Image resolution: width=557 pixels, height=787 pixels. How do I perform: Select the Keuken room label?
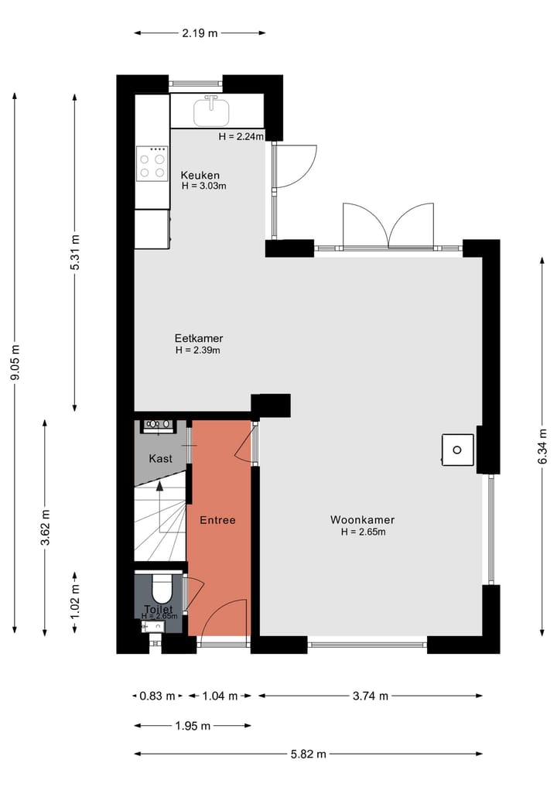coord(200,175)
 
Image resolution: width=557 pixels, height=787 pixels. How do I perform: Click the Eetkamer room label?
coord(199,338)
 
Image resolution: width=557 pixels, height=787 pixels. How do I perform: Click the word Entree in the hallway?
coord(217,520)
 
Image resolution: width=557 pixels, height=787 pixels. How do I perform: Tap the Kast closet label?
coord(161,458)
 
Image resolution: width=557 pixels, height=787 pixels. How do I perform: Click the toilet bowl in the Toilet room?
coord(161,590)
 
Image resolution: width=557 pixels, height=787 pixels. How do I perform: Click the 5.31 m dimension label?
coord(75,251)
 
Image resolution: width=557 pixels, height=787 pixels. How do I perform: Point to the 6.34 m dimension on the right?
coord(543,446)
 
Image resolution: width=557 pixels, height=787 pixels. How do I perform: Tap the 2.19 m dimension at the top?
coord(200,33)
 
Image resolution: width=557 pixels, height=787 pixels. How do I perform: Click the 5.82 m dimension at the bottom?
coord(308,754)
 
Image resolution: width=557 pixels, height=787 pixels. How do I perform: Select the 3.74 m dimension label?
coord(370,696)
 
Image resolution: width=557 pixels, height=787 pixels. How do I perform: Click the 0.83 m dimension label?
coord(158,696)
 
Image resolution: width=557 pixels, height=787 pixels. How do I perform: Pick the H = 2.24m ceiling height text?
coord(241,136)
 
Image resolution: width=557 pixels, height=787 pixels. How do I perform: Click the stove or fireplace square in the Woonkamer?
coord(457,450)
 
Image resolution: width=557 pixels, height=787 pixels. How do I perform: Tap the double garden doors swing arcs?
coord(388,224)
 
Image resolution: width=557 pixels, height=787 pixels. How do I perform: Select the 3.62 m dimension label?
coord(46,528)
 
